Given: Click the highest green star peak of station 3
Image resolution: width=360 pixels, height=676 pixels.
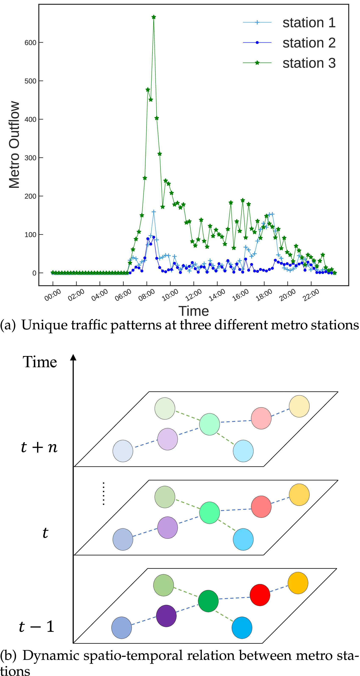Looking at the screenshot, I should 154,17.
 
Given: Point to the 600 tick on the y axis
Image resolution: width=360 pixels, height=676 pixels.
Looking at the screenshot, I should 30,43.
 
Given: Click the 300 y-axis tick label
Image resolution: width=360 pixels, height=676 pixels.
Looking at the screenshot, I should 30,158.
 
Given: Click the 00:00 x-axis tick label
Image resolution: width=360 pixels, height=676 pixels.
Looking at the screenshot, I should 53,295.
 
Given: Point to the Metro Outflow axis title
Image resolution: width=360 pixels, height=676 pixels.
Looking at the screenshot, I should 14,145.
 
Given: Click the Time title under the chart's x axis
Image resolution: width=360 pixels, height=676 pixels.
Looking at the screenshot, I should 194,311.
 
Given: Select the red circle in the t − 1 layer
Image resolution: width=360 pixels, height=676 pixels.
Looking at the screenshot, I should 260,595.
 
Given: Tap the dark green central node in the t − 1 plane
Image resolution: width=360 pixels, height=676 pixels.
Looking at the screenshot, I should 208,601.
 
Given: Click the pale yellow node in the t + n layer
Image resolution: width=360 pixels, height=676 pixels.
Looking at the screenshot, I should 299,406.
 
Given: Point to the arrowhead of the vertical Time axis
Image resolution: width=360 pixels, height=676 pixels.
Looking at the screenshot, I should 73,357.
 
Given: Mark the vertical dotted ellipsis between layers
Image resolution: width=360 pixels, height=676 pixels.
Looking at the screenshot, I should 104,493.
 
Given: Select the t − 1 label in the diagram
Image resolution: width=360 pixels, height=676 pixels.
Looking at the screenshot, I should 36,626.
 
